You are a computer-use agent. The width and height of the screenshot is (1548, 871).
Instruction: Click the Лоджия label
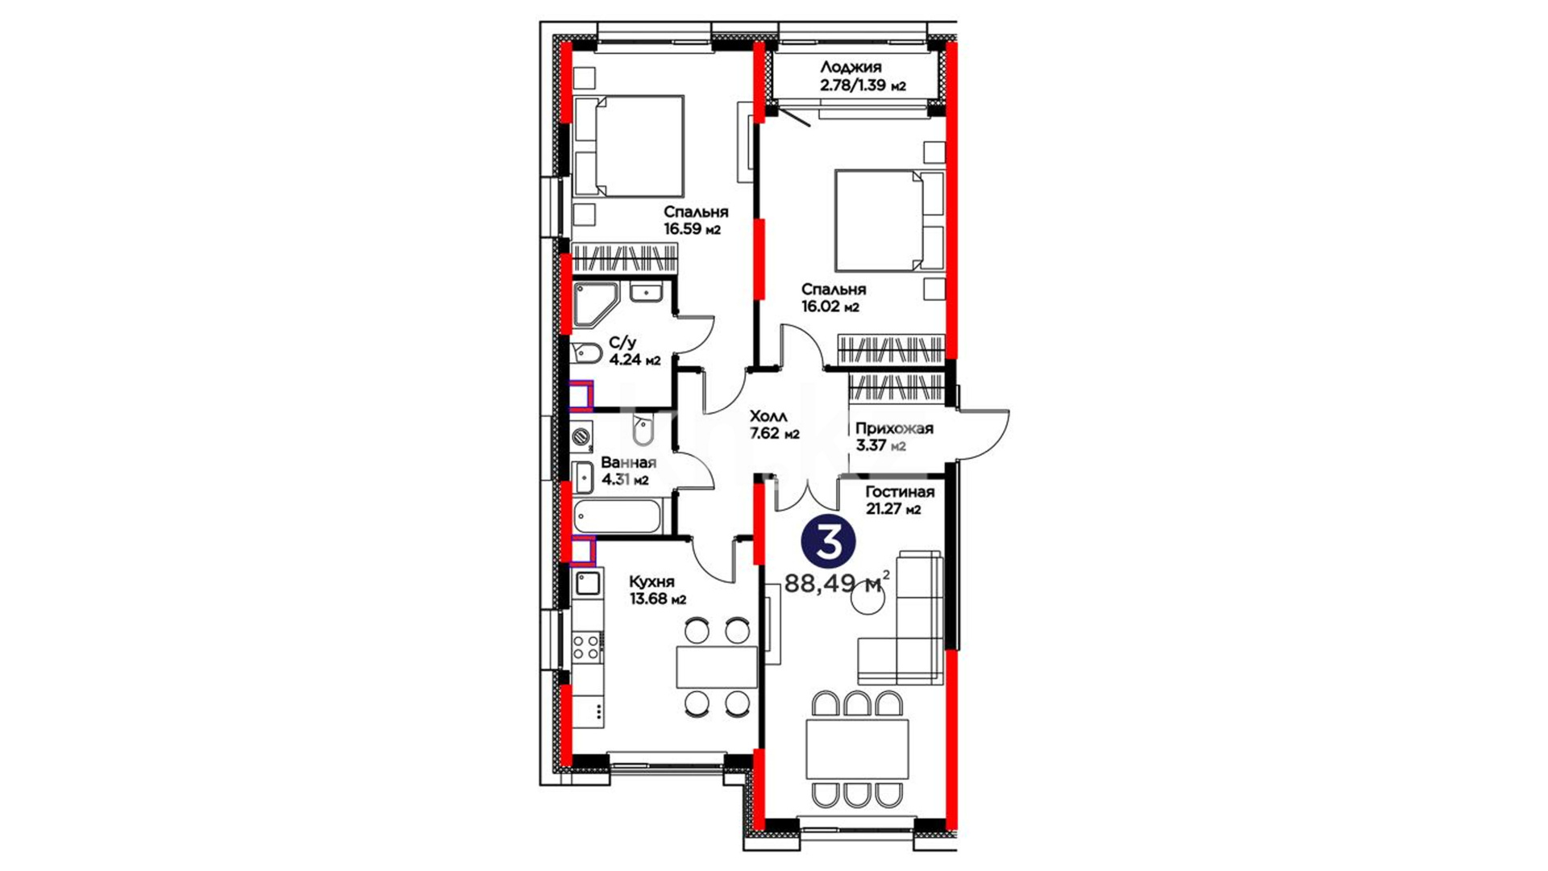851,68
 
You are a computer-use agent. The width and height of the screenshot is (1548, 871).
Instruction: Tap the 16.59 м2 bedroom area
692,229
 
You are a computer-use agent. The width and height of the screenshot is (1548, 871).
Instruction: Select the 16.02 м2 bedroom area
830,306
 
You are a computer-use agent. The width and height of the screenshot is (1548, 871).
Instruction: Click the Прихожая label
894,428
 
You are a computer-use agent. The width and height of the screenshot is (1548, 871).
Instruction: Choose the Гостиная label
900,492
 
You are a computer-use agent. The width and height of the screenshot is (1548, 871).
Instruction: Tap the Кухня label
651,581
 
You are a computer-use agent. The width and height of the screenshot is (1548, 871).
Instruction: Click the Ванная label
628,463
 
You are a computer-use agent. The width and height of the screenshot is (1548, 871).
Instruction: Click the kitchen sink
587,582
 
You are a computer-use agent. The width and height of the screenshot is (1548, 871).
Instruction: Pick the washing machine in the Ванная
582,437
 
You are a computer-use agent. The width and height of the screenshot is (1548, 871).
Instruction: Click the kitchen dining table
717,667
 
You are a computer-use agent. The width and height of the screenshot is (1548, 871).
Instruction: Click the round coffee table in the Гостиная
869,598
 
